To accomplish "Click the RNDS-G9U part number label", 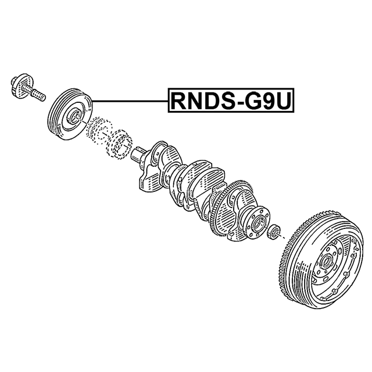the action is [x=231, y=101].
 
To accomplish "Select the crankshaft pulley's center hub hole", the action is [x=76, y=116].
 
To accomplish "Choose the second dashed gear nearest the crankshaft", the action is [x=119, y=144].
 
